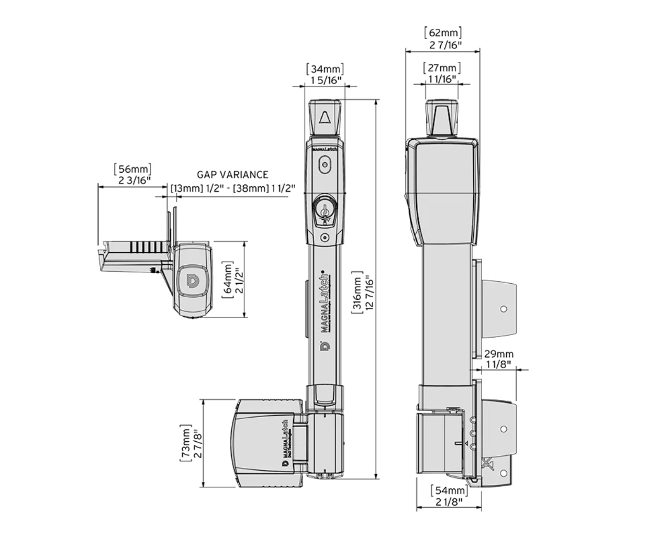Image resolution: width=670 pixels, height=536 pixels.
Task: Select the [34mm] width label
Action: (325, 69)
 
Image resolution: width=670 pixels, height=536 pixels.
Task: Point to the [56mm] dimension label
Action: (132, 169)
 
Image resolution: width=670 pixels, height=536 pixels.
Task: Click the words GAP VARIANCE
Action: (232, 175)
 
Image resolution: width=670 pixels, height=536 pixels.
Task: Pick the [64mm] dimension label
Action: (228, 280)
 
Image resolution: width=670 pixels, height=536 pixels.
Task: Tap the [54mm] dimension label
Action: (449, 490)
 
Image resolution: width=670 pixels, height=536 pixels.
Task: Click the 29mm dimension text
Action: (498, 354)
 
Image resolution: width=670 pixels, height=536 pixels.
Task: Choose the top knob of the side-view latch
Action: (442, 116)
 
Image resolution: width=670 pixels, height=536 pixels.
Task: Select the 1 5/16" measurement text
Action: (325, 80)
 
